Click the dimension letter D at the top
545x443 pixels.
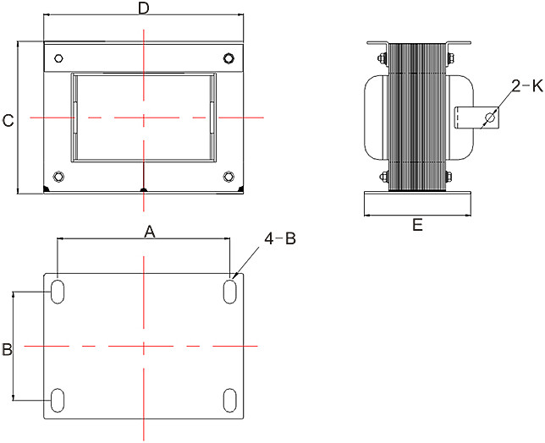pos(144,8)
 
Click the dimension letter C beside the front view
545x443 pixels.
pos(8,120)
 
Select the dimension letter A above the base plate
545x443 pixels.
pos(150,232)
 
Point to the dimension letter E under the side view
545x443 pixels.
pos(417,225)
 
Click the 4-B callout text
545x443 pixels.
pos(280,239)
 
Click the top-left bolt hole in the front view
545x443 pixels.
pos(58,58)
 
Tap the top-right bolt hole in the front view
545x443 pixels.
pos(228,58)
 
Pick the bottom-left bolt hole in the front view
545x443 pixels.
pos(58,177)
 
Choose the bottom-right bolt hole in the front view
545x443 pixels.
pos(228,177)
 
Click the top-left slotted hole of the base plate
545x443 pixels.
pos(58,290)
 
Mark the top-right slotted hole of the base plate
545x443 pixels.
pos(229,290)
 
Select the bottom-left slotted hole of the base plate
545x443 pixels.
pos(58,399)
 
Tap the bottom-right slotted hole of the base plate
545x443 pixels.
pos(229,399)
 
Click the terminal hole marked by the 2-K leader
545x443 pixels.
pos(488,118)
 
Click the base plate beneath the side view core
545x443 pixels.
pos(418,204)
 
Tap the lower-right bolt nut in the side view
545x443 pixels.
pos(454,177)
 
